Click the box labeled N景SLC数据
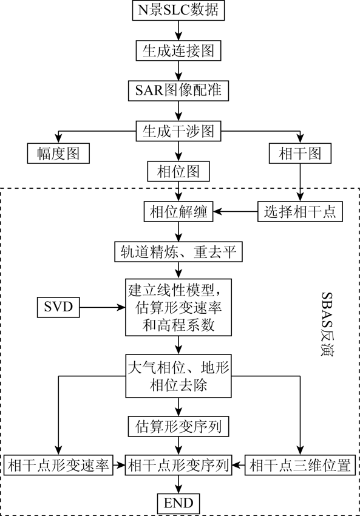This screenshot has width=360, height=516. (x=178, y=10)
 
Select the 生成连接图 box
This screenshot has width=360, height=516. (x=178, y=50)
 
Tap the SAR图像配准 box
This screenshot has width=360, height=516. (x=178, y=90)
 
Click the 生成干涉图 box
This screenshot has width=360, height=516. (x=178, y=131)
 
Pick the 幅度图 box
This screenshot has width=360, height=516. (x=58, y=154)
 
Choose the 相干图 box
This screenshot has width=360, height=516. (x=300, y=154)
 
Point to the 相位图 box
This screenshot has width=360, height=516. (x=178, y=171)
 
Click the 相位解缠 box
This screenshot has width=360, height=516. (x=178, y=211)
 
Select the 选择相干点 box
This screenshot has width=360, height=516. (x=300, y=211)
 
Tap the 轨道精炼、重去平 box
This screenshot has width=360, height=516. (x=178, y=252)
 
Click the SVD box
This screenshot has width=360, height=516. (x=58, y=307)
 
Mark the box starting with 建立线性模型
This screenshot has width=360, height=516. (x=178, y=307)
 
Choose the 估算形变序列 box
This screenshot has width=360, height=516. (x=178, y=427)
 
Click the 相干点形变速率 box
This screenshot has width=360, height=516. (x=58, y=465)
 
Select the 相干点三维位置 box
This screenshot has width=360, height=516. (x=300, y=465)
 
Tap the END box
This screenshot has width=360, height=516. (x=178, y=503)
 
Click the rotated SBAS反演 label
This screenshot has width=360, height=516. (x=327, y=324)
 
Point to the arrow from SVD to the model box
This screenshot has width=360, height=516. (x=103, y=307)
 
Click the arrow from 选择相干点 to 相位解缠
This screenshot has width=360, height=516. (x=236, y=211)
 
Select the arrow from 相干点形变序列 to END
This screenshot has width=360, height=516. (x=178, y=484)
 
